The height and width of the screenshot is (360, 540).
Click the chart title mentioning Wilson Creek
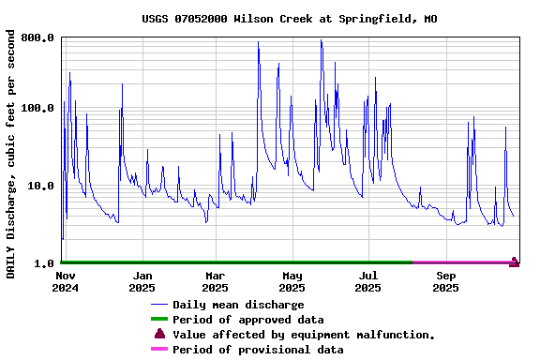click(x=290, y=19)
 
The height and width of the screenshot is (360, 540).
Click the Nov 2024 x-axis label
click(x=65, y=281)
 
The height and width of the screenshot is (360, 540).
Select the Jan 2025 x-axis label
click(x=142, y=281)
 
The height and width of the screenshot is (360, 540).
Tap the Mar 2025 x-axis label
click(x=216, y=281)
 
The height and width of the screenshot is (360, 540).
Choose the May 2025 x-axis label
click(x=292, y=281)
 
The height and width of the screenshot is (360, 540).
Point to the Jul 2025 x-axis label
click(x=368, y=281)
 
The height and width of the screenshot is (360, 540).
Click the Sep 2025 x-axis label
click(x=446, y=281)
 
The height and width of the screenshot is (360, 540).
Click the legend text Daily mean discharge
click(x=238, y=305)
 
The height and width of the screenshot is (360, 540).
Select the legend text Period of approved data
click(x=247, y=320)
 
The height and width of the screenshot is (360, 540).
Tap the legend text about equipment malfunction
click(x=304, y=335)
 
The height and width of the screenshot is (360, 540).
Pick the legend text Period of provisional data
click(x=258, y=350)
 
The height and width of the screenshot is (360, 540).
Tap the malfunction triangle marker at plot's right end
click(x=514, y=262)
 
